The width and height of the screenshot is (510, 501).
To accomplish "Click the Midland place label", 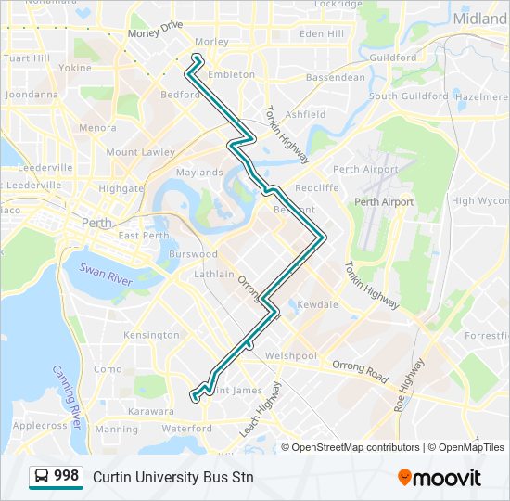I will (481, 19).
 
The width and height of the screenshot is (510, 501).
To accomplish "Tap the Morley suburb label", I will (212, 42).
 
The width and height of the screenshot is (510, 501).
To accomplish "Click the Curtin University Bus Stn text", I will (172, 477).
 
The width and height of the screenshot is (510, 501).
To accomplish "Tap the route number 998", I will (66, 476).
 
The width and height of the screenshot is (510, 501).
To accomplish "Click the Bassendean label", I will (336, 78).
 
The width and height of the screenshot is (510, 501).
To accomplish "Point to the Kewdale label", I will (319, 304).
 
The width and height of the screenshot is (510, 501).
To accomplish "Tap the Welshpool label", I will (291, 355).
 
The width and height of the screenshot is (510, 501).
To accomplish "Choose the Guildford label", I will (393, 58).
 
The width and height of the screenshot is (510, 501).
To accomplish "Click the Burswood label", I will (193, 253).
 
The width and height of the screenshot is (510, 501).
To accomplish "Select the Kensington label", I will (150, 334).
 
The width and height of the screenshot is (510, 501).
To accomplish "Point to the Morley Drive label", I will (155, 32).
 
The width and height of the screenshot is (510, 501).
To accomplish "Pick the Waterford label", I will (185, 429).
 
